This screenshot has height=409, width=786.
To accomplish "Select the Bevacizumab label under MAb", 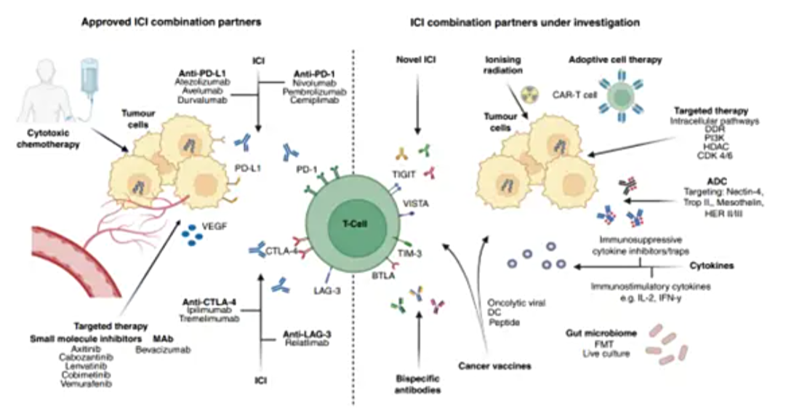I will tap(162, 350).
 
